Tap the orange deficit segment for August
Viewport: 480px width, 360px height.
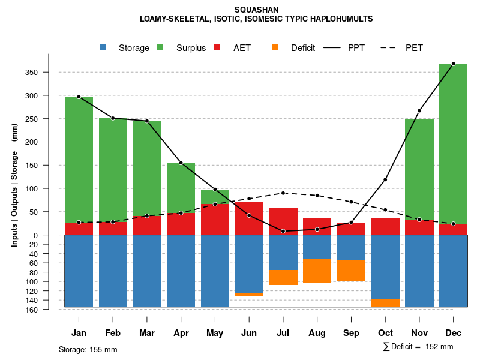point(317,271)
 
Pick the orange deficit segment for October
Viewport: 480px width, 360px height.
point(385,302)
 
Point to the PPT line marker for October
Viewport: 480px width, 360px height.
point(385,179)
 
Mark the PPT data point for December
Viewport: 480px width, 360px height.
point(453,64)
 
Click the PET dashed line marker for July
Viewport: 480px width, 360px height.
point(283,193)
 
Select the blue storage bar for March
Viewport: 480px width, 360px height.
point(147,271)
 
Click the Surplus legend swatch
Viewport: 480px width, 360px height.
point(160,48)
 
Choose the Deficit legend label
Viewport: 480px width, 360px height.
point(303,48)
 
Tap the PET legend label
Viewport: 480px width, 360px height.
point(414,48)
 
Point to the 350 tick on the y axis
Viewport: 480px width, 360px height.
point(48,73)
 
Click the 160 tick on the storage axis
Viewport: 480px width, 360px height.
point(49,310)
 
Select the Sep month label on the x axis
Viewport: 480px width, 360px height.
point(351,333)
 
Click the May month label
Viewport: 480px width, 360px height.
point(215,333)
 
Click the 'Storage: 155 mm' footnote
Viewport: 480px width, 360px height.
point(88,349)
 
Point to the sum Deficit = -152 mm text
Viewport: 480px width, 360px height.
point(418,347)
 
